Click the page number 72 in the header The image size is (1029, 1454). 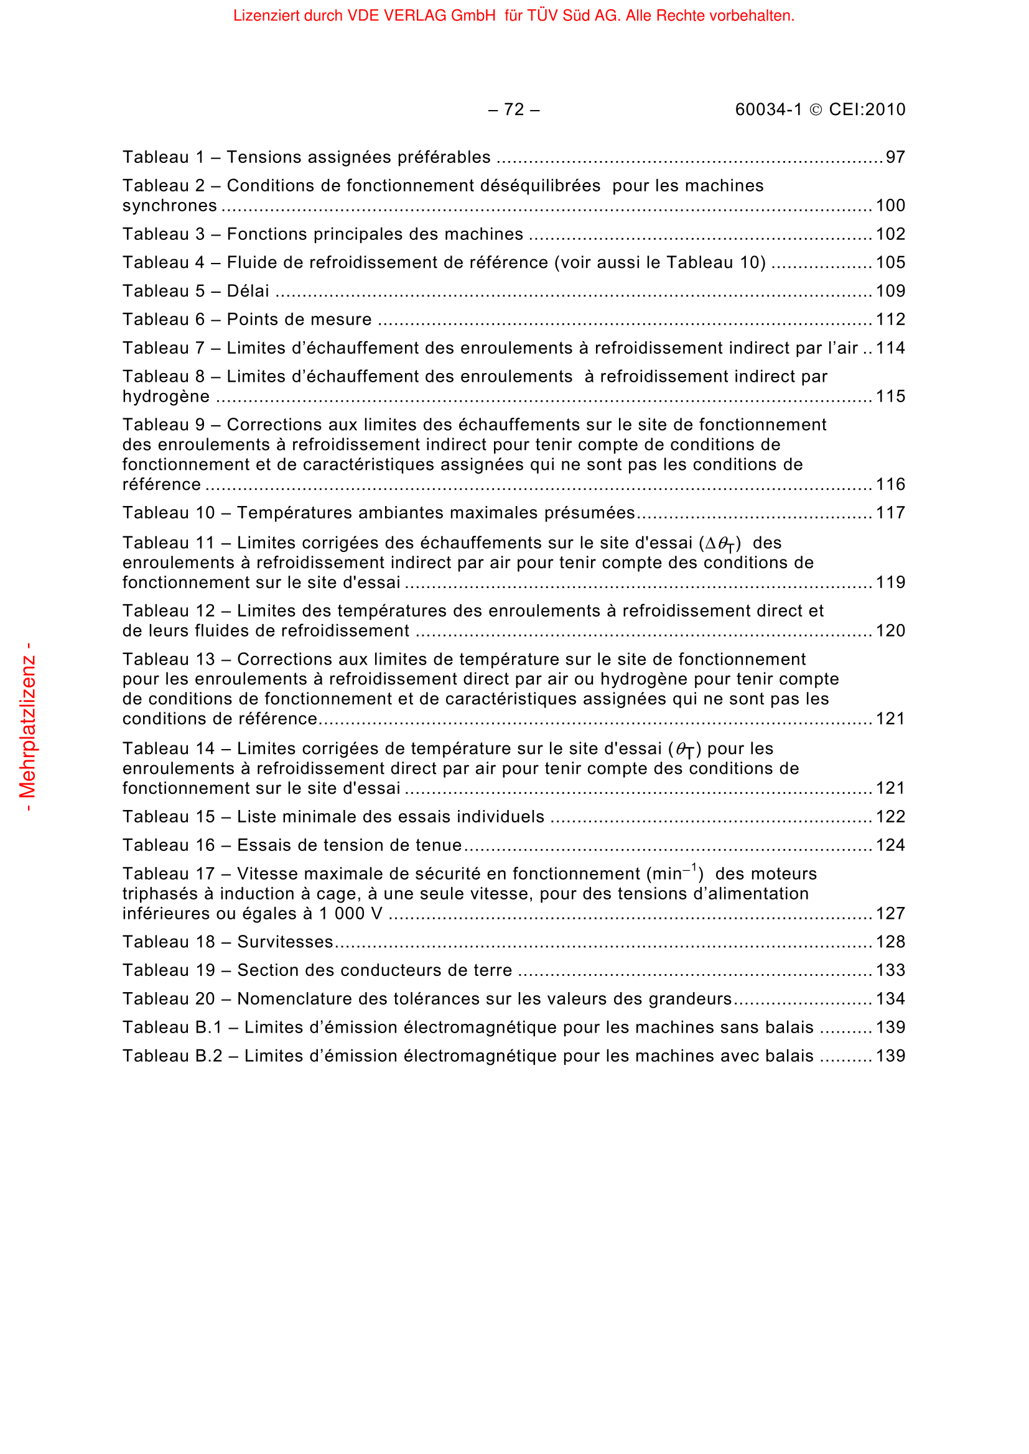click(x=513, y=110)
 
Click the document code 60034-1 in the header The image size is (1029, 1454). click(x=768, y=110)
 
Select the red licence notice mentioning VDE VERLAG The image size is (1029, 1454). click(x=513, y=16)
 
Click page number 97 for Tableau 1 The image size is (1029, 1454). click(x=895, y=158)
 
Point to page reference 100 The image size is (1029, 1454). click(x=890, y=206)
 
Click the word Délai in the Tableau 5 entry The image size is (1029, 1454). click(x=248, y=292)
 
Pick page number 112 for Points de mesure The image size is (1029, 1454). click(x=890, y=320)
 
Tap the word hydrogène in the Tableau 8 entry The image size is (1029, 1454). click(x=166, y=397)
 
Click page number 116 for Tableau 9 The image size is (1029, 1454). click(x=890, y=485)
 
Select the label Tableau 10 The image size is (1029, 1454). click(x=169, y=513)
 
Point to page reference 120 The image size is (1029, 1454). click(x=890, y=632)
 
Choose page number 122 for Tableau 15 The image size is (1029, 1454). click(x=890, y=817)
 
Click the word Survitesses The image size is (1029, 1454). click(x=285, y=942)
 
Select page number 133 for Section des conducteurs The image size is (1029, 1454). click(x=890, y=971)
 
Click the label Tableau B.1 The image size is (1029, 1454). click(x=172, y=1028)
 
